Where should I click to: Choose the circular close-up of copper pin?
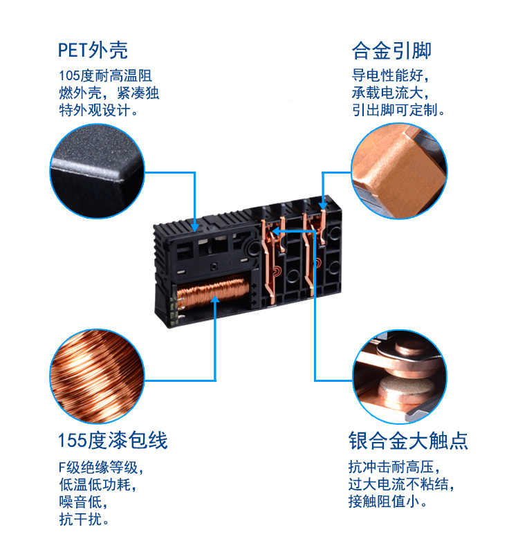coord(399,170)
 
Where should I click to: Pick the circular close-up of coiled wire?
coord(98,376)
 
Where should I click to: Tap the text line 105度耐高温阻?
coord(105,76)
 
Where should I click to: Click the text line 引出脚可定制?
coord(398,111)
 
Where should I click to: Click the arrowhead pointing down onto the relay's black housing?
coord(196,226)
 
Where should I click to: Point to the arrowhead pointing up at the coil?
coord(216,300)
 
